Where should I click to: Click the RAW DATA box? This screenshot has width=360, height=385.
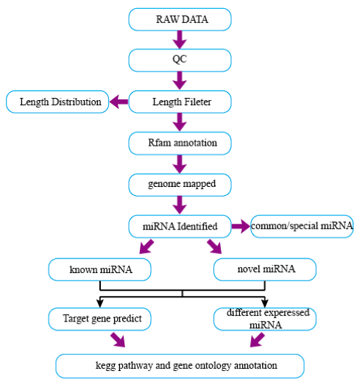(180, 19)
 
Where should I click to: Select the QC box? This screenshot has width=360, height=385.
(180, 60)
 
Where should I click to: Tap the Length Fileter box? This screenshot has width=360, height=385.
(180, 102)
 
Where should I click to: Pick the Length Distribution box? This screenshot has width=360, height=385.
(57, 102)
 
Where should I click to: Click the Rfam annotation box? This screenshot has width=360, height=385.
(180, 144)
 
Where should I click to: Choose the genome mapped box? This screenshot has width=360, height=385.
(180, 185)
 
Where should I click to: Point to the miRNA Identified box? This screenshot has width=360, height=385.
(180, 227)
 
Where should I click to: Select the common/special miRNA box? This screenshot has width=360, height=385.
(302, 227)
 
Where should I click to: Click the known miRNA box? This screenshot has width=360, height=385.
(99, 269)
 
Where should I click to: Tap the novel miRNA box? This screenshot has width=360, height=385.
(265, 269)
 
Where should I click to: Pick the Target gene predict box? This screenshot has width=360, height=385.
(99, 319)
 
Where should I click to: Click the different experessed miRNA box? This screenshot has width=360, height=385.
(265, 319)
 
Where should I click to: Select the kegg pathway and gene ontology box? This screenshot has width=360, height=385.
(180, 366)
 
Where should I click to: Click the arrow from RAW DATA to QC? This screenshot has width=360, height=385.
(180, 40)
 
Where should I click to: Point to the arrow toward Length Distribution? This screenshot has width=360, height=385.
(119, 102)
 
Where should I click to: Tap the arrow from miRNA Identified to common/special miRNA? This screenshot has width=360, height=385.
(241, 227)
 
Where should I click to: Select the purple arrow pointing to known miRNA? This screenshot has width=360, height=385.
(147, 247)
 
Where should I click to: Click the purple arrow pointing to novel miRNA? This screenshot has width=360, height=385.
(214, 247)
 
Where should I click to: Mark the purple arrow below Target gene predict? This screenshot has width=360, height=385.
(118, 340)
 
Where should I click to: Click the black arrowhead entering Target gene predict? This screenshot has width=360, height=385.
(100, 303)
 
